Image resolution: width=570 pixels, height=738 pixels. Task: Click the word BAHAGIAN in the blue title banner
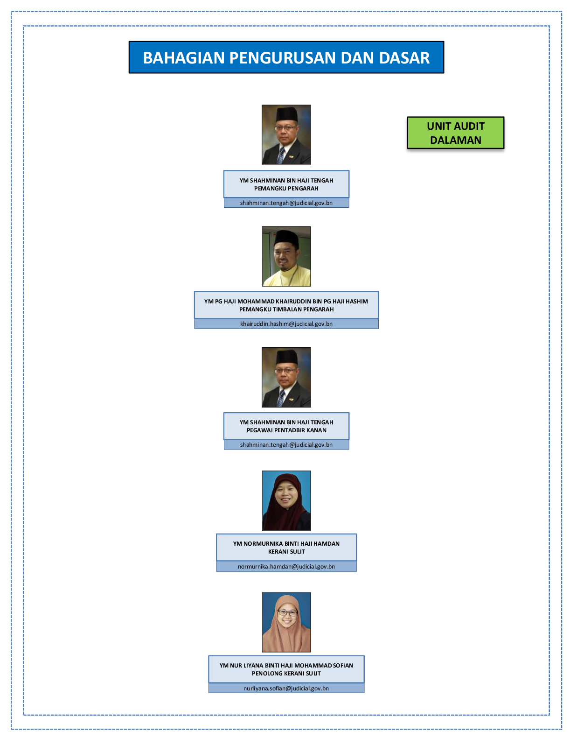pos(184,58)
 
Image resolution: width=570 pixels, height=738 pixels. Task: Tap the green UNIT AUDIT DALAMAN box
pos(456,133)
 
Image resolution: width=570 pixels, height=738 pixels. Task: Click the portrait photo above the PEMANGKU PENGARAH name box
pos(286,135)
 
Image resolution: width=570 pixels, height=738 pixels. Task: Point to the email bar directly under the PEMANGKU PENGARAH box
pos(286,203)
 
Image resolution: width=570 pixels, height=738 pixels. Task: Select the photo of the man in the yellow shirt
pos(286,256)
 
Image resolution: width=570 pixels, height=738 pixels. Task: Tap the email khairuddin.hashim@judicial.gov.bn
pos(286,323)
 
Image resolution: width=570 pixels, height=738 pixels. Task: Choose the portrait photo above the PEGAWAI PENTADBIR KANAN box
pos(286,377)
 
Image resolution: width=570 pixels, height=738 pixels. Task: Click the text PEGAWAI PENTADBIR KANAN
pos(286,430)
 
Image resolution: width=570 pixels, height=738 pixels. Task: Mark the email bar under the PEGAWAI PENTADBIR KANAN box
pos(286,444)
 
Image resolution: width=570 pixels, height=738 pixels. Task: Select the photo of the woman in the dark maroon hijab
pos(286,500)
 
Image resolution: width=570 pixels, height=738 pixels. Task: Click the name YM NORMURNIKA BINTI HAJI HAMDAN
pos(286,544)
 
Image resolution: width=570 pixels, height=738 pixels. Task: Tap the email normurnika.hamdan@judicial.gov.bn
pos(286,567)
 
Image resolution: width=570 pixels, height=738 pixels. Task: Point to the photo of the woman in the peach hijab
pos(286,622)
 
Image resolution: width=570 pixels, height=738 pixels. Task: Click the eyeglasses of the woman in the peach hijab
pos(288,613)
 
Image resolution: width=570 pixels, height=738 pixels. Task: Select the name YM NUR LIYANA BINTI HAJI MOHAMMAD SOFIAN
pos(286,665)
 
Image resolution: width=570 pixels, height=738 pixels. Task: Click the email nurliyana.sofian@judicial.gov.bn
pos(286,689)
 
